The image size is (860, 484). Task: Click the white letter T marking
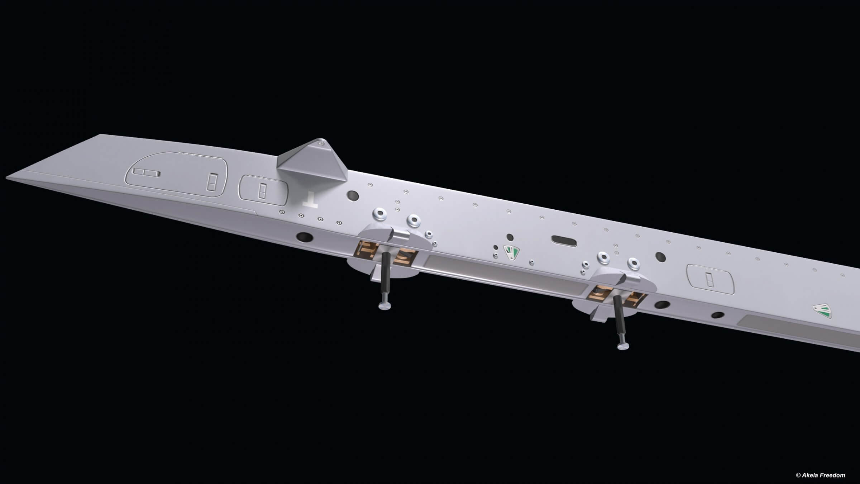click(309, 200)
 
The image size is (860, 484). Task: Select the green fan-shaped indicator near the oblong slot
click(511, 252)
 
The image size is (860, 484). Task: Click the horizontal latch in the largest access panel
click(146, 173)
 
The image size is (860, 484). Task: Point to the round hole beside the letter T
click(353, 195)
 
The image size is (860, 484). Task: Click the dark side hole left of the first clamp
click(304, 237)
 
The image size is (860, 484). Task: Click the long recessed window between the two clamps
click(502, 272)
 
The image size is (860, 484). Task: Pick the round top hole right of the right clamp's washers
click(660, 257)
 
